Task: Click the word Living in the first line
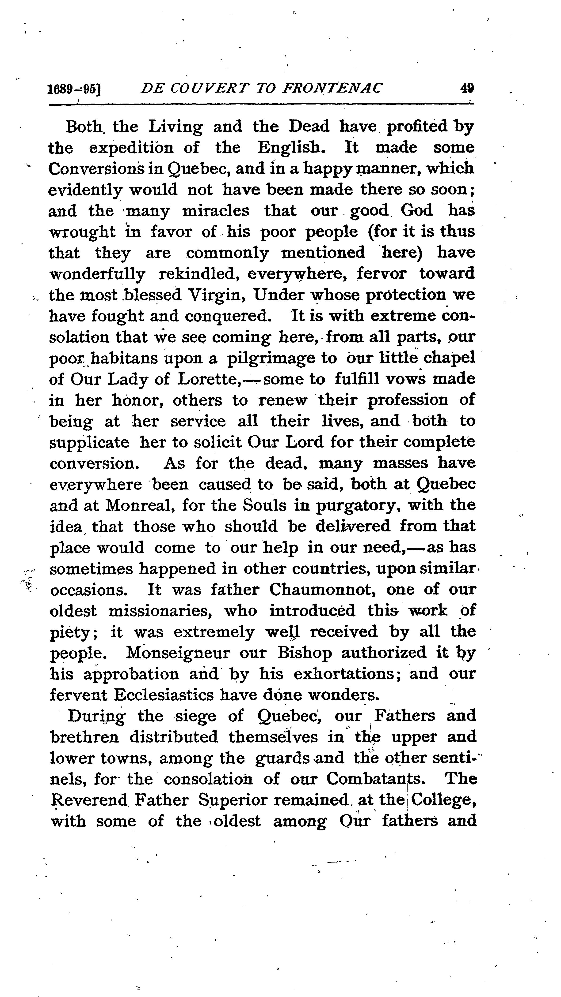point(176,127)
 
